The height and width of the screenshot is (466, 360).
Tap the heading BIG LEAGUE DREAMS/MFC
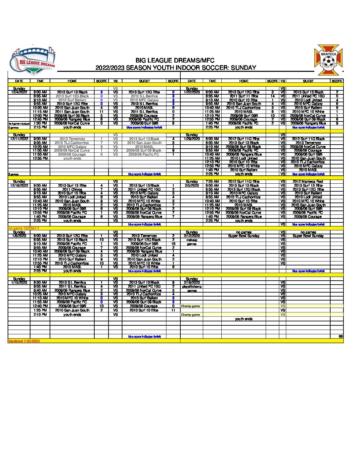[175, 61]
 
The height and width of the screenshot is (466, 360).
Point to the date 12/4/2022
[19, 92]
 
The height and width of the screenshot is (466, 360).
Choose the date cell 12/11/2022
[19, 139]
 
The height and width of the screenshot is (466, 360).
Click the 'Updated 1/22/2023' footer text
[24, 341]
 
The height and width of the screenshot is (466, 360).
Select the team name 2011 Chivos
[72, 190]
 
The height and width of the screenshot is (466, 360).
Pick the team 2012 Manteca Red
[308, 182]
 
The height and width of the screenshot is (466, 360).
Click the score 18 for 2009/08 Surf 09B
[173, 244]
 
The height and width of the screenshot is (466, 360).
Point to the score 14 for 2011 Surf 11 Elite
[273, 96]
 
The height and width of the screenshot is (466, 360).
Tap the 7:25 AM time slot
[212, 182]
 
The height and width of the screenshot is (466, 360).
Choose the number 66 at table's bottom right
[340, 336]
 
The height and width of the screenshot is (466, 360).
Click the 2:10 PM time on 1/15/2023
[40, 315]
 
